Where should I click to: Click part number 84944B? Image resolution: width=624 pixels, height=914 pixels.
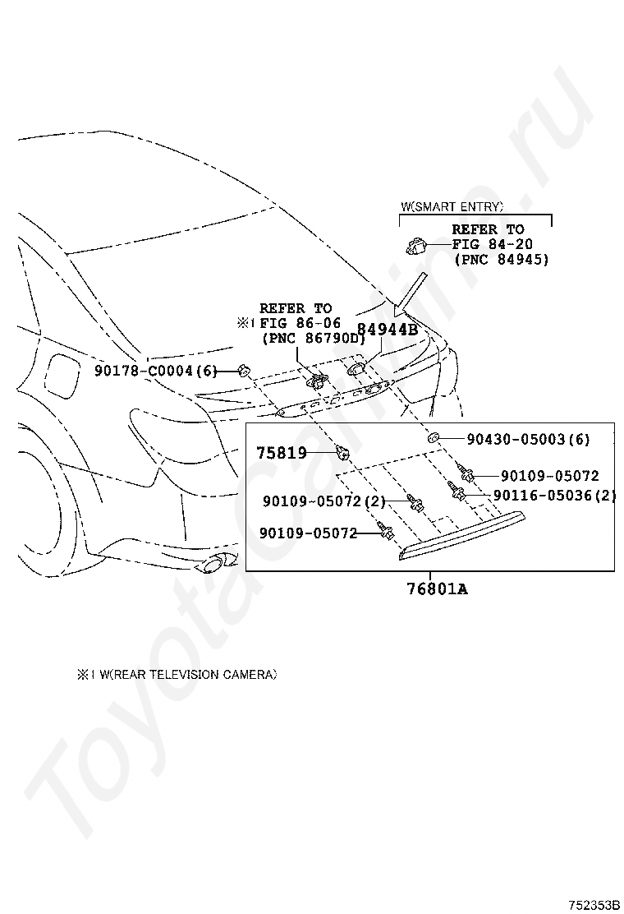(x=387, y=330)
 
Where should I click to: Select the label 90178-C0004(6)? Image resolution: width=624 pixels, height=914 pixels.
(x=155, y=370)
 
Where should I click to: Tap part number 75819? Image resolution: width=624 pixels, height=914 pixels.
(x=282, y=452)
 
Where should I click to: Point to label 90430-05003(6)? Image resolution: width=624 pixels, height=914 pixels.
(x=528, y=439)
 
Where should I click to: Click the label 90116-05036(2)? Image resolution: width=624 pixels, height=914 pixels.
(x=554, y=495)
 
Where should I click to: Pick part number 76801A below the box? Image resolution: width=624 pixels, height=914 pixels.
(x=437, y=589)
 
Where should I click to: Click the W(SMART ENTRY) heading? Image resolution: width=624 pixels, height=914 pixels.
(x=452, y=205)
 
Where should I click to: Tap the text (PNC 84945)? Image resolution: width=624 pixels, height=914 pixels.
(x=501, y=259)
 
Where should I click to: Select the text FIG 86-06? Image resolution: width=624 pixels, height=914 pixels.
(x=301, y=322)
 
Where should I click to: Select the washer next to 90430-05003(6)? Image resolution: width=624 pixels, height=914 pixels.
(x=433, y=436)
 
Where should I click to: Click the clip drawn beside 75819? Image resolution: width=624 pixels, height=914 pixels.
(x=342, y=450)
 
